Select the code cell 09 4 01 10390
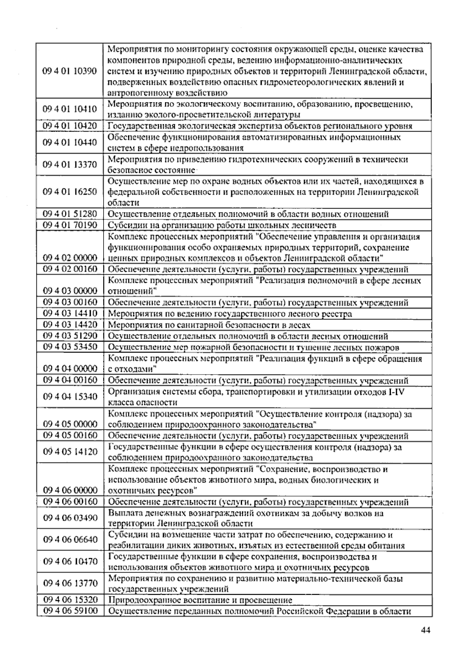(70, 71)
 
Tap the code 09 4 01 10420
(70, 126)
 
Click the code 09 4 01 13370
(70, 165)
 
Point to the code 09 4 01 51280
(70, 214)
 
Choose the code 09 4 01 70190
(70, 225)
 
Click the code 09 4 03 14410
(70, 313)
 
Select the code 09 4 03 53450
(70, 347)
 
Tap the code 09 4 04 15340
(70, 396)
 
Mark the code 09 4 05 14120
(70, 452)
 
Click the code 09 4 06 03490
(70, 518)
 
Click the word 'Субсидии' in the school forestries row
(124, 225)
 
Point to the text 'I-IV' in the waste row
(396, 392)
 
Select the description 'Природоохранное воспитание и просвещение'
(200, 600)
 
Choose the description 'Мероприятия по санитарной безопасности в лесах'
(209, 325)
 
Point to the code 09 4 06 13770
(70, 583)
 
